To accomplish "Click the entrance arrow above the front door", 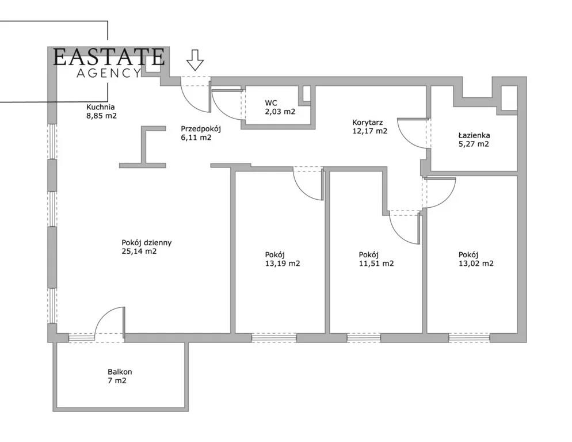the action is [x=195, y=60].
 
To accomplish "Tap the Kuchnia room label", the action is [x=101, y=107].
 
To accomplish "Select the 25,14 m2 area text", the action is [x=139, y=251].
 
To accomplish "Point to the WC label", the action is [x=271, y=103].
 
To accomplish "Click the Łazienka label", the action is [x=474, y=135].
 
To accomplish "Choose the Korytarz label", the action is [x=367, y=122].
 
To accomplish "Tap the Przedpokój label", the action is [x=201, y=129].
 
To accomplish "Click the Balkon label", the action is [x=120, y=372].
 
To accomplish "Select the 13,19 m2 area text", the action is [x=283, y=263].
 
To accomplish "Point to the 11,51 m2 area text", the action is [x=376, y=263].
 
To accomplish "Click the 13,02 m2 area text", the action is [x=476, y=263].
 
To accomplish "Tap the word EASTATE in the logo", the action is [x=109, y=57].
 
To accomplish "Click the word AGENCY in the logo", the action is [x=109, y=73].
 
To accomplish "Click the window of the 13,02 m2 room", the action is [x=469, y=338].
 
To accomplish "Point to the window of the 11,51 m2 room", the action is [x=364, y=338].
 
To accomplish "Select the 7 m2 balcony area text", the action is [x=117, y=380].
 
